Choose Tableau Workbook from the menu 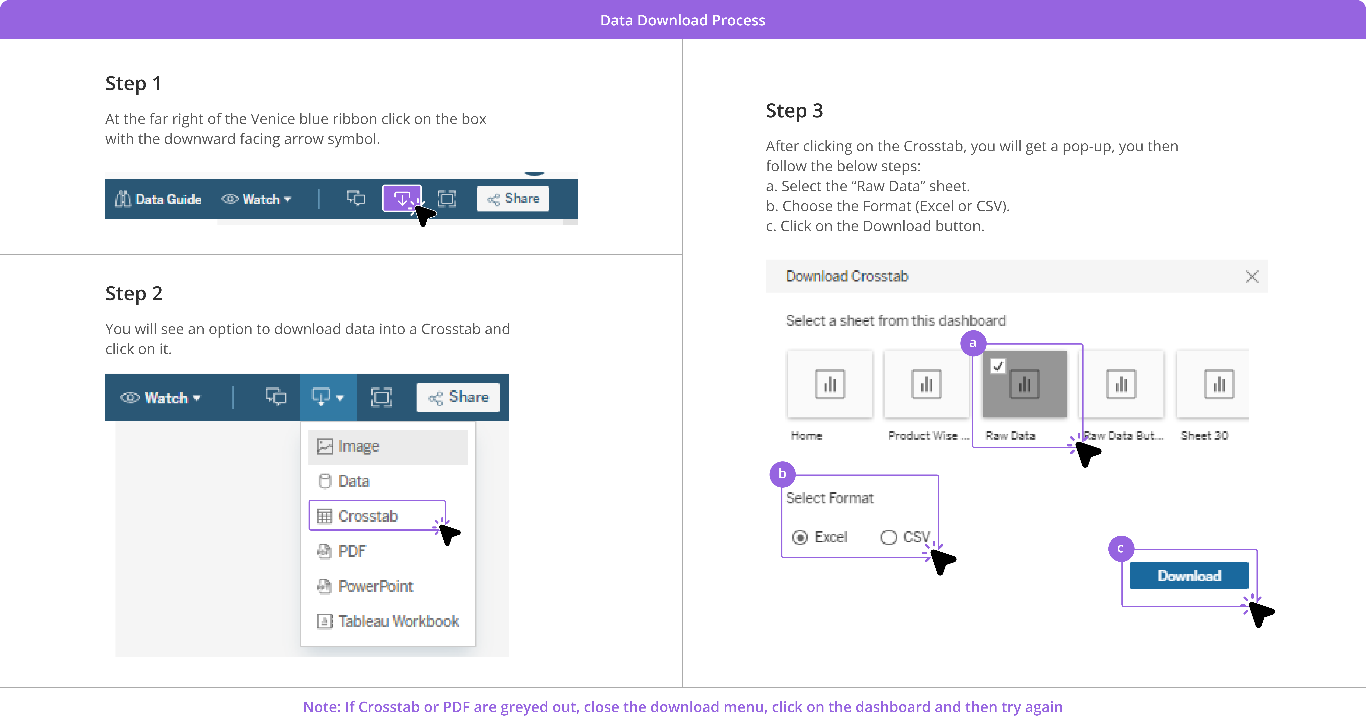coord(388,621)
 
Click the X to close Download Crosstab coord(1252,276)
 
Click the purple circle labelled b coord(782,474)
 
